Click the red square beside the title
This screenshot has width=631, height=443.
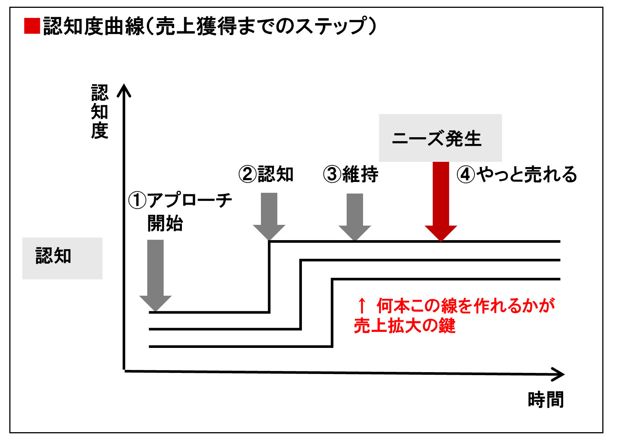32,26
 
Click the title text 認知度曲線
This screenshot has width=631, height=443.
93,26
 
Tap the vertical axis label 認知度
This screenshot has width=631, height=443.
100,112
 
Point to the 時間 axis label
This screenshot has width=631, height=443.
546,400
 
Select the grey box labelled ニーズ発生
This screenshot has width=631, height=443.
440,138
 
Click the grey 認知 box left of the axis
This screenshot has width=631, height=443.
62,258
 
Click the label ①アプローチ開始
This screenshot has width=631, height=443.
180,211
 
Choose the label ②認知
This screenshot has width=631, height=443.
266,174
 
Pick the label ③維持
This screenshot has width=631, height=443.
351,174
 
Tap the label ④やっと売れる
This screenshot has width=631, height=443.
517,175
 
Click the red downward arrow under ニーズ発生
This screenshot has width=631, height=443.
441,201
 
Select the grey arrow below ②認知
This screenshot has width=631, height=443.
269,216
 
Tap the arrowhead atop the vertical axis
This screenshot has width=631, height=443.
124,91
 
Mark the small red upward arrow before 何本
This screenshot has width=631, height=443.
362,305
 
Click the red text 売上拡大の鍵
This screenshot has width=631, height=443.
404,326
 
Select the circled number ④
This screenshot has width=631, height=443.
466,175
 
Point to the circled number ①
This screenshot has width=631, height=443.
137,200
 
